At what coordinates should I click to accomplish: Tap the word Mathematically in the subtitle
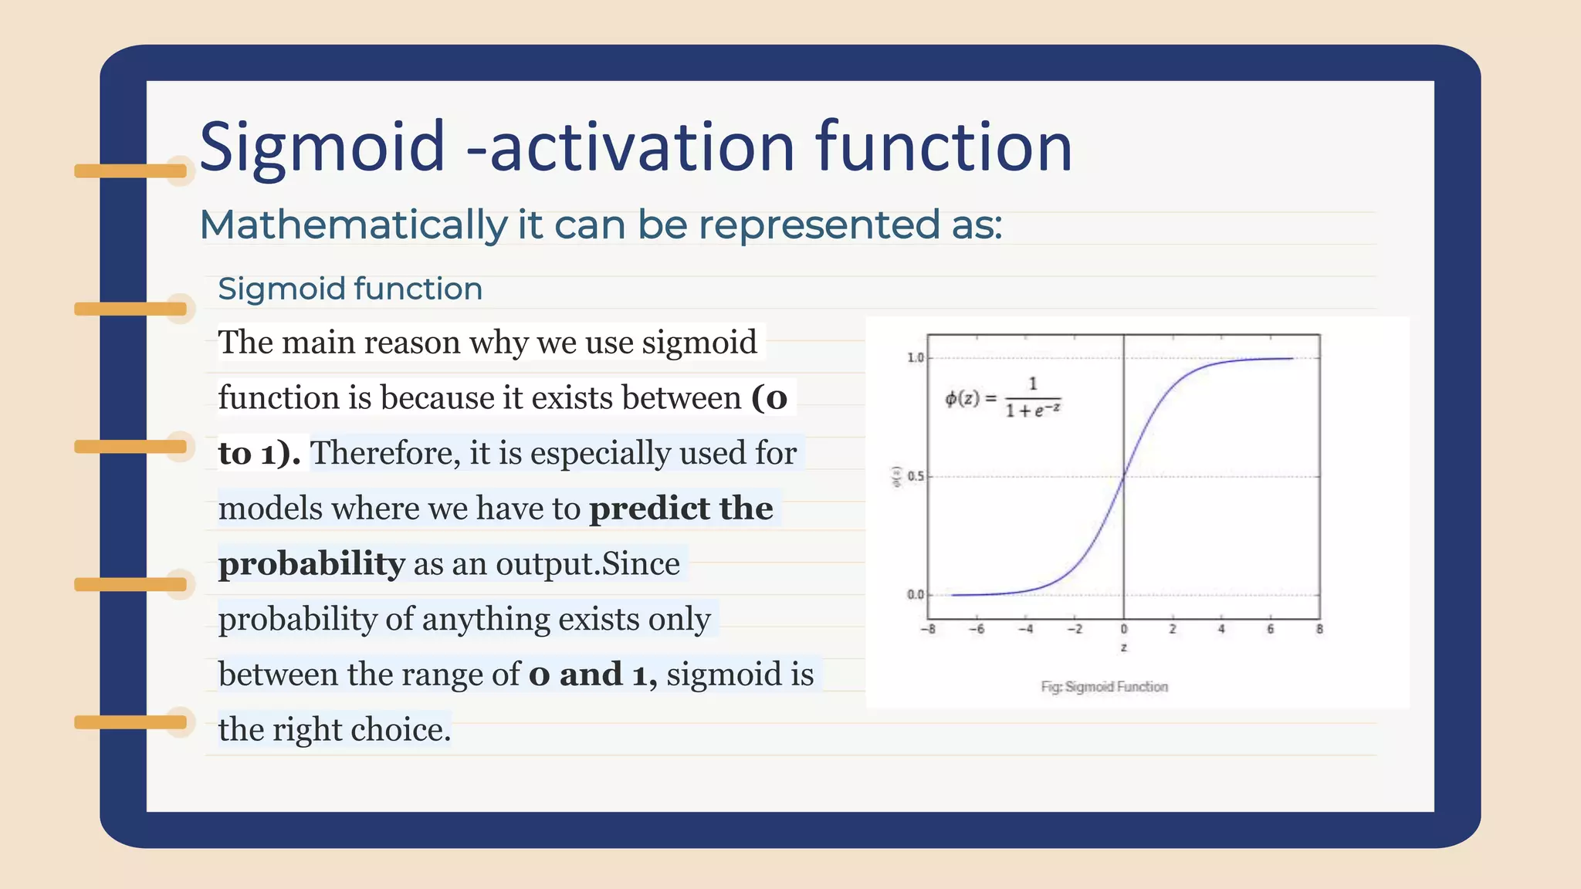353,225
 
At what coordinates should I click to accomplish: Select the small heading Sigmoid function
350,289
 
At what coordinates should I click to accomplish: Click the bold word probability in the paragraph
311,563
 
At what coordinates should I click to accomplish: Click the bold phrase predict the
681,509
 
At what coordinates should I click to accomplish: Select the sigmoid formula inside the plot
1004,398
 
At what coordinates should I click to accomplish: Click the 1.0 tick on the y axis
915,358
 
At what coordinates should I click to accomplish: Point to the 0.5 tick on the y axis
915,477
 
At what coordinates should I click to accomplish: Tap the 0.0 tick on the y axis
915,595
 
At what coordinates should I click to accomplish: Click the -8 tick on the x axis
928,630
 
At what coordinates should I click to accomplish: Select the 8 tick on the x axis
1319,630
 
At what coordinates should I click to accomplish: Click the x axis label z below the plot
1123,647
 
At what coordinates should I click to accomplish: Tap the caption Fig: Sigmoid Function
1104,687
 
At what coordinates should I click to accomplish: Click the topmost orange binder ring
131,171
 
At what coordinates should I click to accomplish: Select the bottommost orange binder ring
131,722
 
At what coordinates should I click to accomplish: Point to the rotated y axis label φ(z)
896,477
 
